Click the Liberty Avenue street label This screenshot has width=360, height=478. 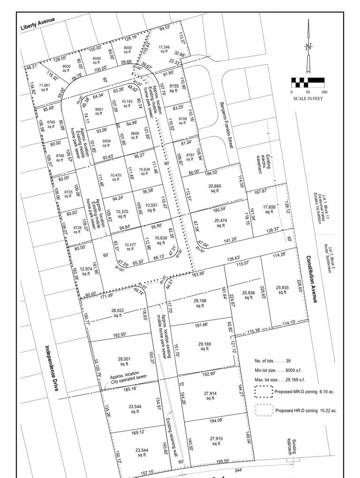click(x=38, y=24)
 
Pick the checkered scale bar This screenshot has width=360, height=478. click(x=308, y=83)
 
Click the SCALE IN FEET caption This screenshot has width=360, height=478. click(x=308, y=98)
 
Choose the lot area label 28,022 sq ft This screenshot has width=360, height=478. click(x=120, y=313)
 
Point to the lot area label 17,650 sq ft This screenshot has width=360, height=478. click(x=269, y=209)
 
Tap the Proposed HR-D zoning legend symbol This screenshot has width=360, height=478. click(x=263, y=409)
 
